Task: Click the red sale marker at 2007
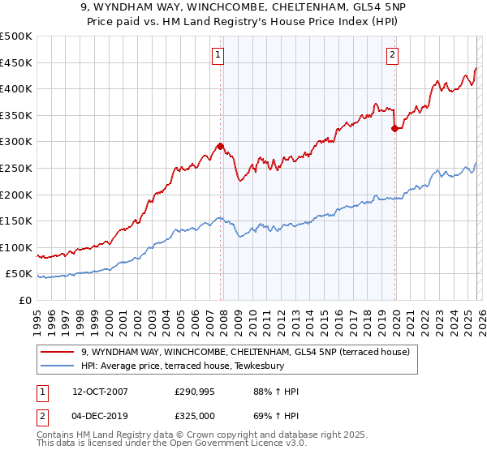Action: pos(220,147)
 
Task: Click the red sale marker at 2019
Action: pos(394,128)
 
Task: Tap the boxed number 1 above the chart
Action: pos(219,55)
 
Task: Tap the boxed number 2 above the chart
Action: pos(393,55)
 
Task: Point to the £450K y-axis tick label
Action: pos(16,63)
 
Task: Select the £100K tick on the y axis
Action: pos(16,247)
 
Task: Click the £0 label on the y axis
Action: pos(25,301)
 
